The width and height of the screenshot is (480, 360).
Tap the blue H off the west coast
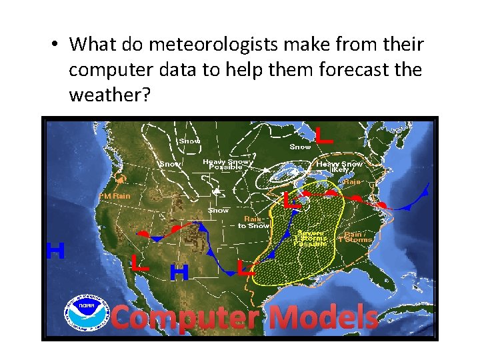click(x=55, y=251)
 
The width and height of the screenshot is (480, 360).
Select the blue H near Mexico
click(x=179, y=272)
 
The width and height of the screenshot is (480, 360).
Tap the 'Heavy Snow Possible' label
click(x=227, y=164)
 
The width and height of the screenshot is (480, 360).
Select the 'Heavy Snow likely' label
click(x=339, y=166)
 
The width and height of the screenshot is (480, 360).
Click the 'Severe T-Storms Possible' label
click(x=312, y=238)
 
